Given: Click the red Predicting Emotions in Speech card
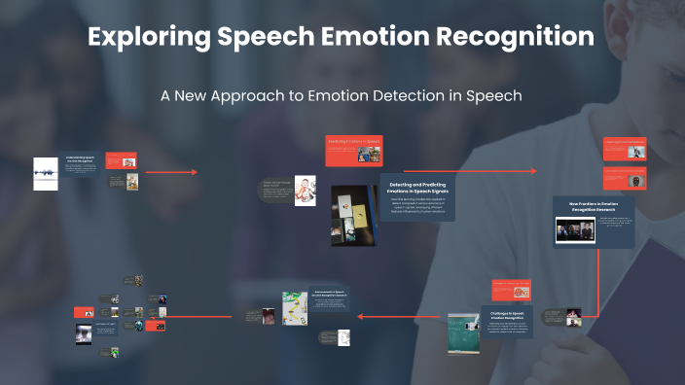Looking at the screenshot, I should pos(351,150).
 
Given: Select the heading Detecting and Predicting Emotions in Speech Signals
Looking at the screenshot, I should pos(416,189).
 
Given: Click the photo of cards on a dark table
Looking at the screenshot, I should pos(353,215).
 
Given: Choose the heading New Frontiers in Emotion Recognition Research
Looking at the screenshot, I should pos(594,207).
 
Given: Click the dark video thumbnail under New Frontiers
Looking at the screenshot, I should pos(575,229).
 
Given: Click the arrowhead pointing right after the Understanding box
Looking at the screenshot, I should pos(194,172).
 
